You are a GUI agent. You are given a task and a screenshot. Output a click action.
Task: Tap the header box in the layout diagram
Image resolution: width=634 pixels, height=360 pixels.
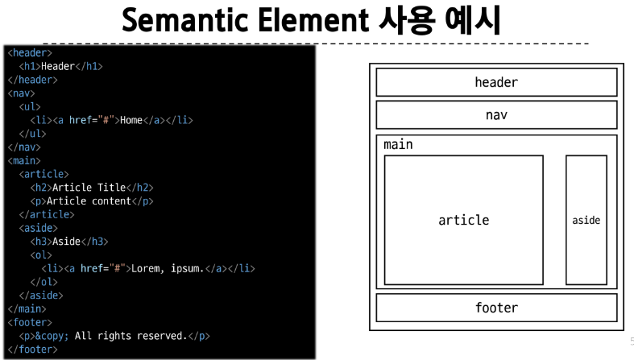click(x=495, y=82)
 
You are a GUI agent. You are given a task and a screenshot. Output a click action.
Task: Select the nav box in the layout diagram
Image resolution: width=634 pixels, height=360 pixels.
click(x=495, y=115)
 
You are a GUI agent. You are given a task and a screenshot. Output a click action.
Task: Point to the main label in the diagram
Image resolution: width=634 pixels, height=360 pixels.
click(x=398, y=145)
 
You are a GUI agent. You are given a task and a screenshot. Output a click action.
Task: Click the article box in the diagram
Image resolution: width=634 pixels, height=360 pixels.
click(x=463, y=220)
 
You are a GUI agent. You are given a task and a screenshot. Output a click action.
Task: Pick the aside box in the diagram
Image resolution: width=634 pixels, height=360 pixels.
click(x=586, y=220)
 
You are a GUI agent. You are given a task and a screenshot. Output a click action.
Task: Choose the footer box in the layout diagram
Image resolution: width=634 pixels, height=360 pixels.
click(x=495, y=308)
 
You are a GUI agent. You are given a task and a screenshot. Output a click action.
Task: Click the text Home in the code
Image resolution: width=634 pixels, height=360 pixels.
click(x=131, y=121)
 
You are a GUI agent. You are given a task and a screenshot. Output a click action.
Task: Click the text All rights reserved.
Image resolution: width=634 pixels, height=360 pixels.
click(x=130, y=336)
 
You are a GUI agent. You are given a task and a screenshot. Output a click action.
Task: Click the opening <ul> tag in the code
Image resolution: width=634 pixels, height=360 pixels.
click(x=30, y=107)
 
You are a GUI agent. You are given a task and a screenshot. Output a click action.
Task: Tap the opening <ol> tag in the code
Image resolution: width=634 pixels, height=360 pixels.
click(x=41, y=255)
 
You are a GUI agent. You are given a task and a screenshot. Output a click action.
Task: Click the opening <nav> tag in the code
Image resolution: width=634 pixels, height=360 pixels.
click(x=21, y=93)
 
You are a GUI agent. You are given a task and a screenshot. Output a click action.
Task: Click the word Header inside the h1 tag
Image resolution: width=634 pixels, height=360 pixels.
click(x=57, y=67)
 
